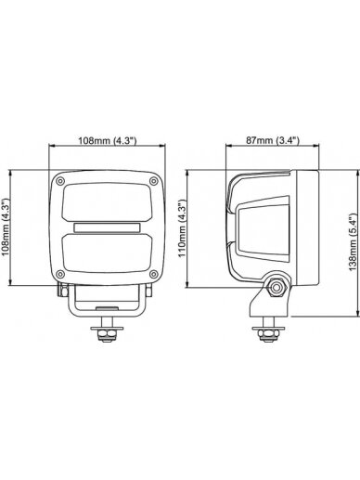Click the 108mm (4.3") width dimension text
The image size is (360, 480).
tap(107, 141)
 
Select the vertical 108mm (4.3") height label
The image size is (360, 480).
tap(6, 227)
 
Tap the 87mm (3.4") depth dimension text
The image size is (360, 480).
tap(273, 140)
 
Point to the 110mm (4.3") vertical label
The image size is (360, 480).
tap(183, 228)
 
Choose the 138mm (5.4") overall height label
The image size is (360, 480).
tap(353, 242)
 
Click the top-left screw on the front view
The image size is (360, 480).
tap(60, 181)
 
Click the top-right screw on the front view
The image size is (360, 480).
tap(153, 181)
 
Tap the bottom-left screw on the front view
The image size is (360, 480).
tap(60, 274)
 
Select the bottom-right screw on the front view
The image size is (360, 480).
tap(153, 274)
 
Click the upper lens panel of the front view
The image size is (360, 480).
tap(107, 202)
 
